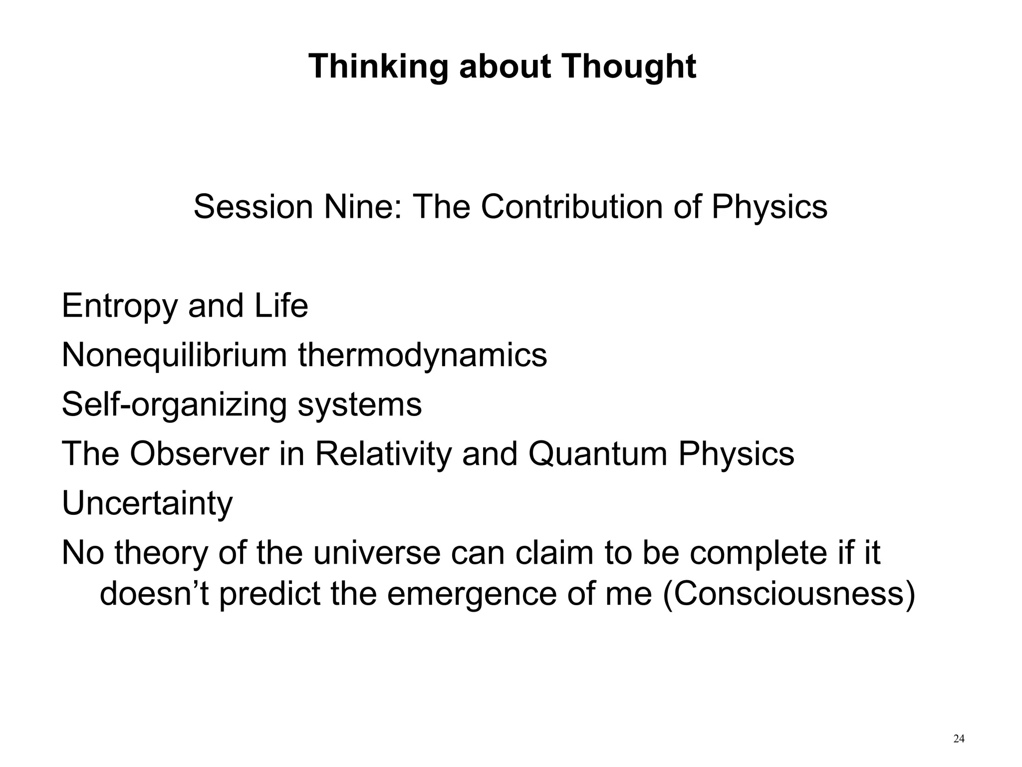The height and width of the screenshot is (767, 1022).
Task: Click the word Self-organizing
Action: point(174,405)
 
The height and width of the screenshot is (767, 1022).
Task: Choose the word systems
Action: point(359,405)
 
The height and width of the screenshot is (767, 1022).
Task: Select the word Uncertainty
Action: point(147,503)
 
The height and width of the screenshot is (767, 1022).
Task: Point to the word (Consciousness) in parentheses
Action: point(789,594)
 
